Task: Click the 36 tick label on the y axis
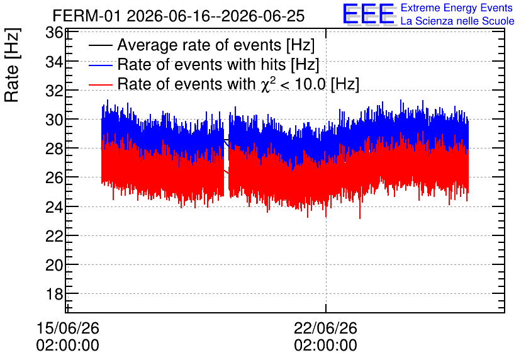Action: click(x=53, y=33)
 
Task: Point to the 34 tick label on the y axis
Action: click(x=53, y=62)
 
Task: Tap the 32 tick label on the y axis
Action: click(x=53, y=91)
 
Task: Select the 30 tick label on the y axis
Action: click(x=53, y=120)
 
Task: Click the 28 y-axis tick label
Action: click(x=53, y=149)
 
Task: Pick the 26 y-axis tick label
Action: click(x=53, y=177)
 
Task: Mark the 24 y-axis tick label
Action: click(x=53, y=206)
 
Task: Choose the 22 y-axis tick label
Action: click(x=53, y=236)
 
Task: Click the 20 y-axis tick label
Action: click(x=53, y=265)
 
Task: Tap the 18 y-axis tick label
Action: click(x=53, y=294)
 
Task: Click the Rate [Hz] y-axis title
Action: click(x=12, y=65)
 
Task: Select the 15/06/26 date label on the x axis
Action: click(x=68, y=328)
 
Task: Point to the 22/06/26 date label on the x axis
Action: click(x=326, y=328)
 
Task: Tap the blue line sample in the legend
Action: click(x=100, y=65)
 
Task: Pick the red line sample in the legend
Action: click(x=100, y=84)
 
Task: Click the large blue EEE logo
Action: click(x=368, y=14)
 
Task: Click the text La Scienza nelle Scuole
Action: click(x=457, y=21)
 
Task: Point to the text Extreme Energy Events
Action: click(x=457, y=8)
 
